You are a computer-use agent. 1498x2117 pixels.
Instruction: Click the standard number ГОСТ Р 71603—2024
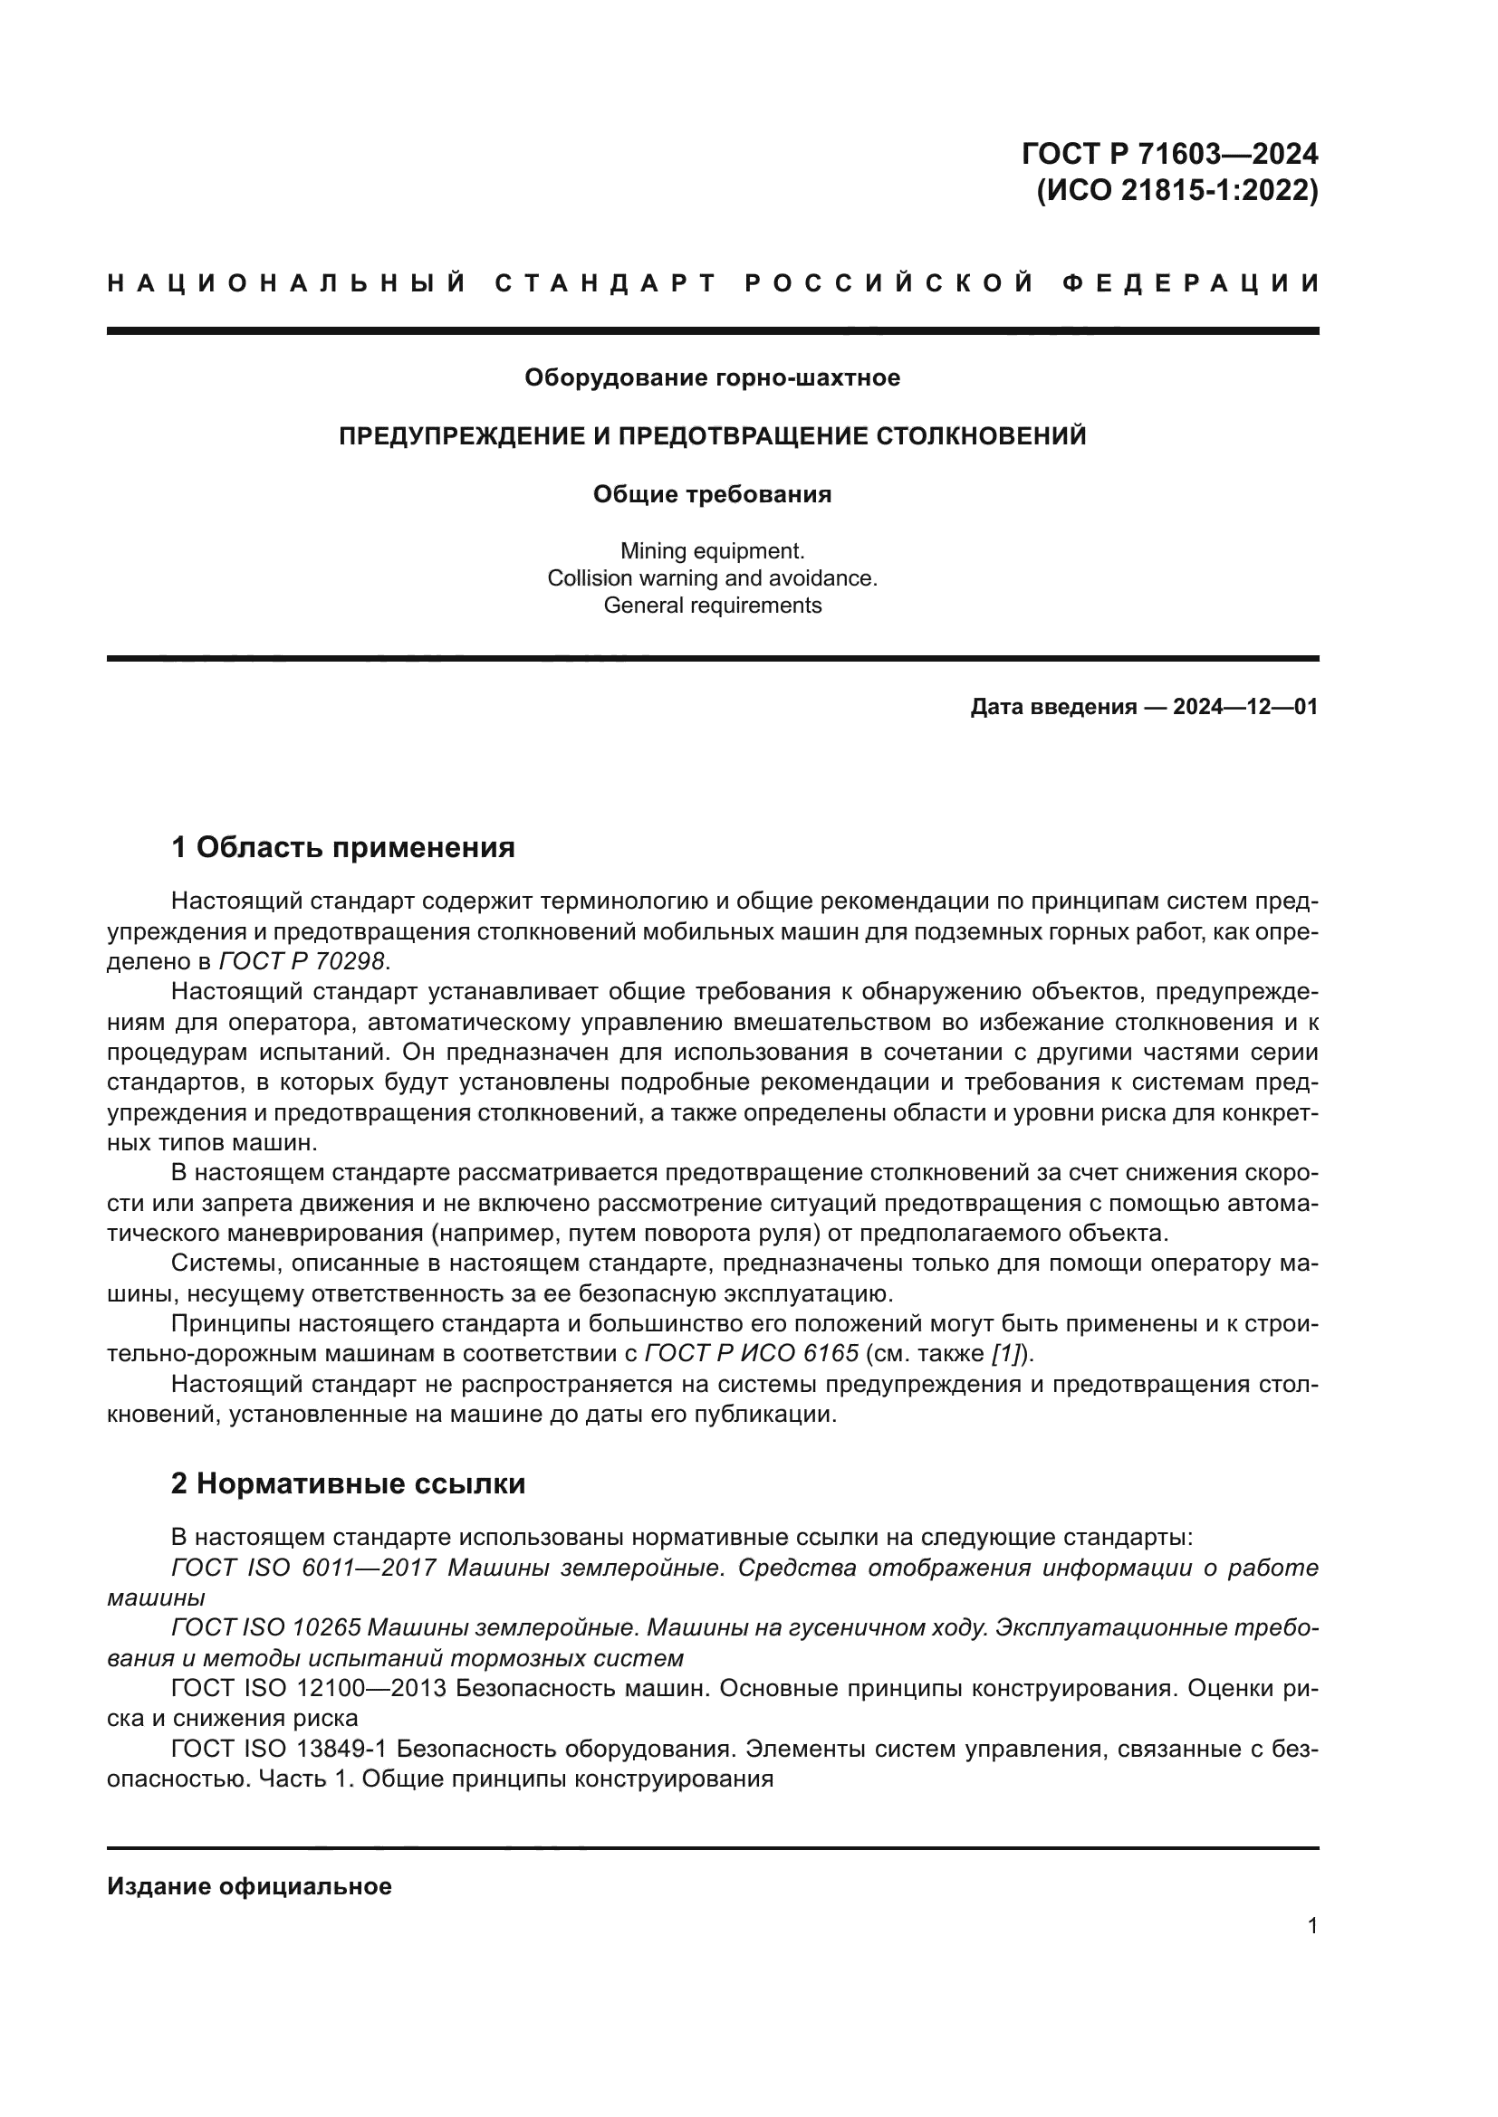point(1169,153)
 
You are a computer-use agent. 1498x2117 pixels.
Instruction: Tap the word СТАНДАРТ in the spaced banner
point(605,283)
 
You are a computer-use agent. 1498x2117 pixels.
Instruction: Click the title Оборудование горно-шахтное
point(712,377)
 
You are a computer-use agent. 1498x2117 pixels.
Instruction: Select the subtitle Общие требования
point(712,494)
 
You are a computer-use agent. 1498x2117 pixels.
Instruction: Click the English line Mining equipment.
point(712,550)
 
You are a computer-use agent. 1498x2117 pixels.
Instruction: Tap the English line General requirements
point(712,605)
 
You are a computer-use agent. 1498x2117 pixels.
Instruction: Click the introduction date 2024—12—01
point(1245,707)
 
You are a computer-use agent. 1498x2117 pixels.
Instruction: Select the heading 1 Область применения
point(343,846)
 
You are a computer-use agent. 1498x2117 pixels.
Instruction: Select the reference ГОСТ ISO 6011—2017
point(303,1568)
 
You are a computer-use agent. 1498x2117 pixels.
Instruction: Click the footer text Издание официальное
point(249,1886)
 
